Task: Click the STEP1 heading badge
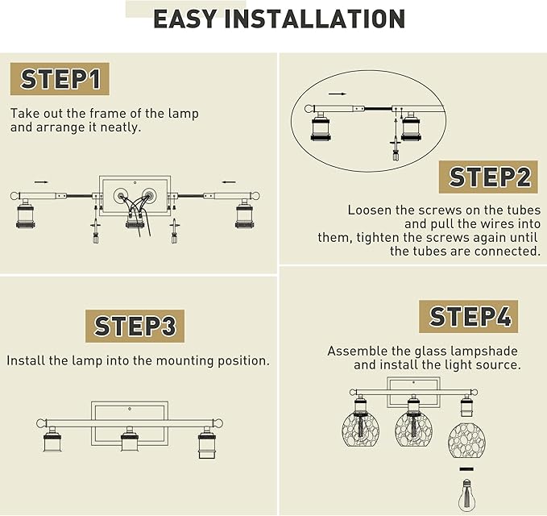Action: [x=60, y=79]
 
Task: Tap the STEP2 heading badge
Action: [x=488, y=177]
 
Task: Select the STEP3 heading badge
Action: [x=135, y=326]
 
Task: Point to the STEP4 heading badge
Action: [x=469, y=316]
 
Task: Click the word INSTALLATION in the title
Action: [x=315, y=19]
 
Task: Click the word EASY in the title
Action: [x=185, y=19]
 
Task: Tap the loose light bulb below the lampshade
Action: [x=466, y=494]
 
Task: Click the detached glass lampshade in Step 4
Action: [x=466, y=440]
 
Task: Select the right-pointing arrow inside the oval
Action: [x=338, y=94]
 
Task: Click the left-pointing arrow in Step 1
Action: [x=229, y=182]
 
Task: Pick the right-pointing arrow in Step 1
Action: [x=41, y=182]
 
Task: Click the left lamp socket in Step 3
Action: [x=53, y=439]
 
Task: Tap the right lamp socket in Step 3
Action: [x=207, y=443]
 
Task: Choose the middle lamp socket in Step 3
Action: [x=130, y=439]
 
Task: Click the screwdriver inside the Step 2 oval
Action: [x=396, y=139]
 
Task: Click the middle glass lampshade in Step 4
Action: [x=413, y=430]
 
